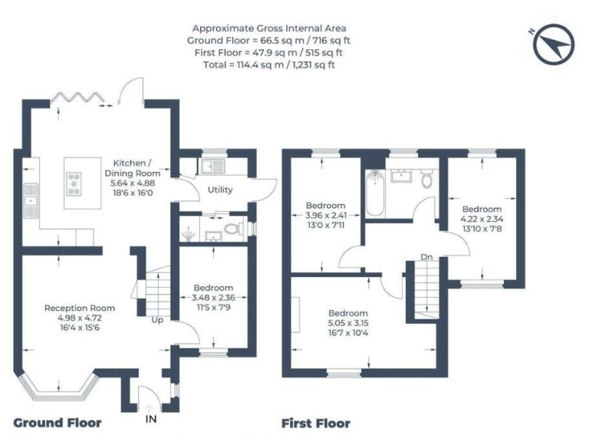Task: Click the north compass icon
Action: [554, 45]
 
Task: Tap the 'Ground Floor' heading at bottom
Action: [57, 423]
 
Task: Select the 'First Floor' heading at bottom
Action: [315, 423]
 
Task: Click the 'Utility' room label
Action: [219, 190]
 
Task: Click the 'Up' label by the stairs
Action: [157, 319]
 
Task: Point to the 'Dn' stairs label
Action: [426, 257]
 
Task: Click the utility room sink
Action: [209, 166]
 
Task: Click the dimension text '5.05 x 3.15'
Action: [348, 323]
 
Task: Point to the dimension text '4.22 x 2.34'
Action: [482, 219]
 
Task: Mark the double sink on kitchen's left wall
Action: [31, 196]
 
